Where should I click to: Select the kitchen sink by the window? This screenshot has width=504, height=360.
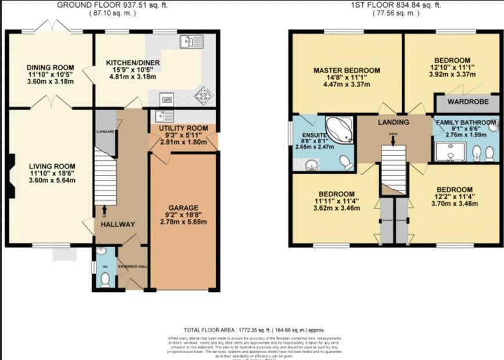187,41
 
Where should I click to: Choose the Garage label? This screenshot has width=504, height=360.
183,208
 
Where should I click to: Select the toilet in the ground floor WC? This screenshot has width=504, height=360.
105,280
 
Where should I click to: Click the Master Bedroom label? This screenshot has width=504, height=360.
346,71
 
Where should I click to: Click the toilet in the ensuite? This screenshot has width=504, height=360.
347,163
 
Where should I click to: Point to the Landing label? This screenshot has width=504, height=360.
394,123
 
